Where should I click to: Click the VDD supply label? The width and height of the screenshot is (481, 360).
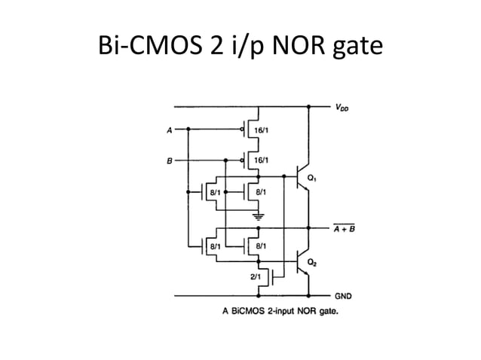point(342,107)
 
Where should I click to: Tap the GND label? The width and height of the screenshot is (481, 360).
point(342,296)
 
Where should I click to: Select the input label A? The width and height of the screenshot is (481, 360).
point(169,129)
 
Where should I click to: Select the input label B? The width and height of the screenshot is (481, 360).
point(169,160)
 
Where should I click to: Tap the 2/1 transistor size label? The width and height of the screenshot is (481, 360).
point(255,276)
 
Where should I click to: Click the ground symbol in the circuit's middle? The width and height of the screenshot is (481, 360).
point(259,216)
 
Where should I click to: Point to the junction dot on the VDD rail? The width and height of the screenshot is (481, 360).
point(308,106)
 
